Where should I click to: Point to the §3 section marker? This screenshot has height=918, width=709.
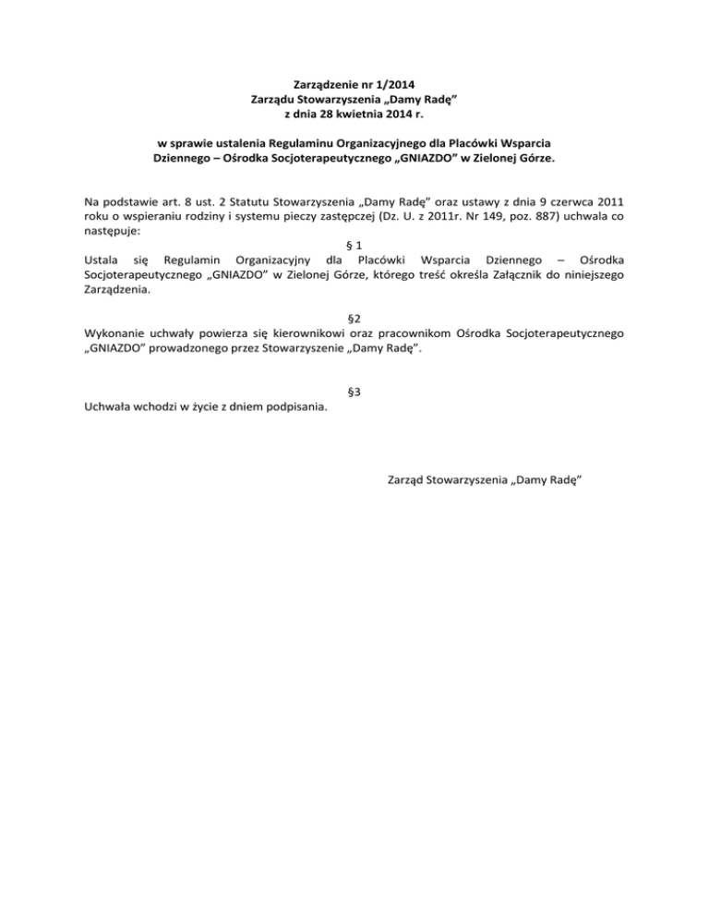(354, 392)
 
